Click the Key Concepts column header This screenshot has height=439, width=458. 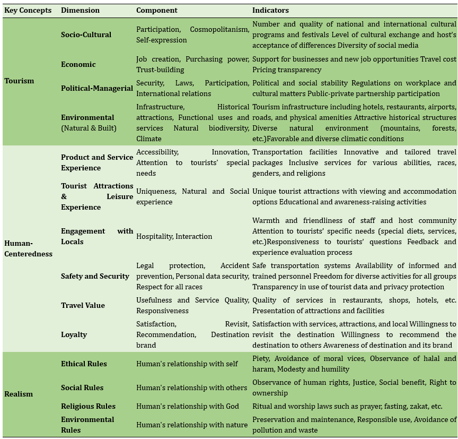click(28, 10)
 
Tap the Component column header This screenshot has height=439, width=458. click(157, 10)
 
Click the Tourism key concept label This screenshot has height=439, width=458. click(19, 81)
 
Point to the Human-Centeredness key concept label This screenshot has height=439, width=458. click(29, 248)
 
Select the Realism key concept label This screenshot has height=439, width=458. click(19, 394)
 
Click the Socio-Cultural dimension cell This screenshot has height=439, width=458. click(86, 35)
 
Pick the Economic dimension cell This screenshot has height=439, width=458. click(78, 64)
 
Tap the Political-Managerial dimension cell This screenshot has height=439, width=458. click(97, 88)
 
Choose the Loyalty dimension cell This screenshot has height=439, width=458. click(74, 334)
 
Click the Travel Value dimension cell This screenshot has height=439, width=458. click(83, 305)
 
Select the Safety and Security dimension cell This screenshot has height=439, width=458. click(95, 276)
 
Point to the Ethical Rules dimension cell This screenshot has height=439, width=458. click(84, 364)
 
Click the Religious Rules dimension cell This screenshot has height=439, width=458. click(88, 406)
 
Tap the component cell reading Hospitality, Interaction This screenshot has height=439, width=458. click(174, 236)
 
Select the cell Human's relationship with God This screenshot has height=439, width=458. click(188, 406)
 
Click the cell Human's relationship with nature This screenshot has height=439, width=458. click(192, 425)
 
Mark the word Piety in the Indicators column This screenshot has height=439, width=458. click(261, 358)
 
